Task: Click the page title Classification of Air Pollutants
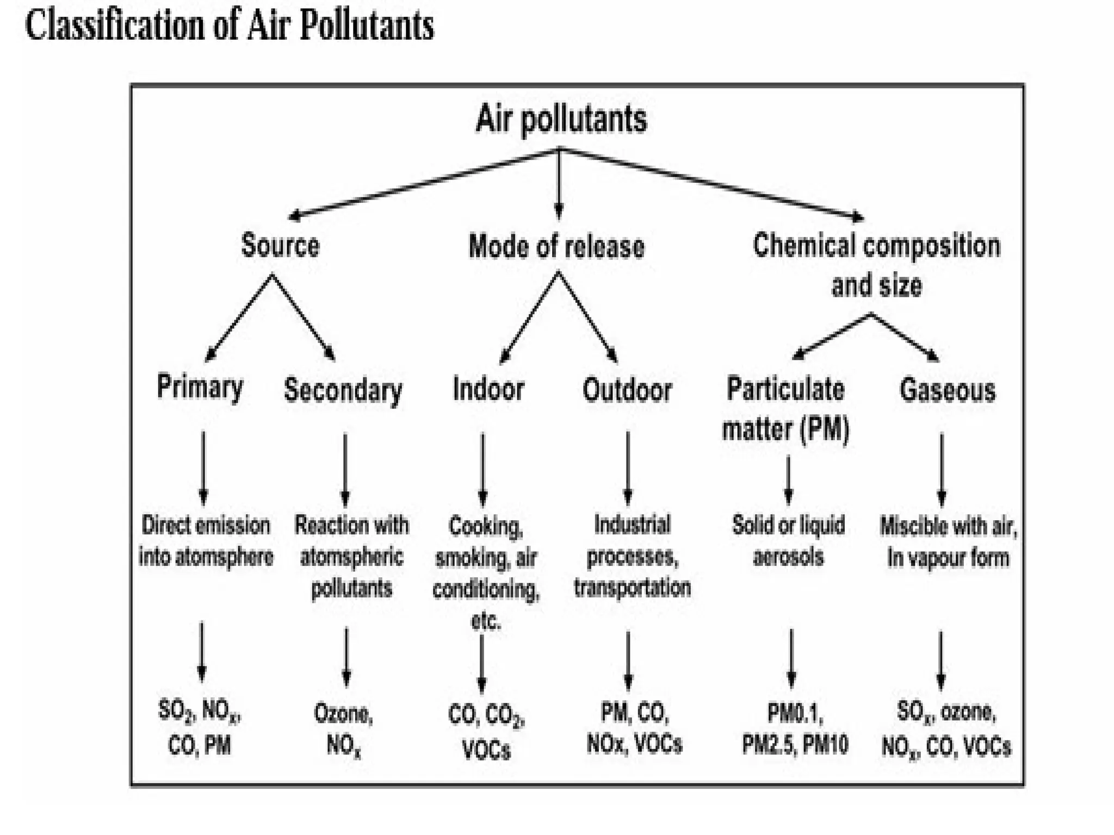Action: tap(230, 26)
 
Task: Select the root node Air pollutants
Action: tap(561, 119)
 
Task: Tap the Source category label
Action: tap(280, 245)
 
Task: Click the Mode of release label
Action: tap(556, 246)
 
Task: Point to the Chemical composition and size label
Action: tap(876, 265)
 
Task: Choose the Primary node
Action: tap(200, 387)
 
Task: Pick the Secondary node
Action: tap(343, 390)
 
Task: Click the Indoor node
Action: tap(488, 389)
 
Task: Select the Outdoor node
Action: tap(627, 390)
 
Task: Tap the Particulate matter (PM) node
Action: tap(785, 409)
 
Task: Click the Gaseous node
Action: tap(947, 390)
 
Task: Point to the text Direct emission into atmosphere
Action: tap(206, 541)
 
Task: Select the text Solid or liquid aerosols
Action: tap(788, 541)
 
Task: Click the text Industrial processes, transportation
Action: tap(632, 556)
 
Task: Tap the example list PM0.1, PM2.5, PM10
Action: tap(795, 729)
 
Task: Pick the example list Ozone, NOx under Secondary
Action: tap(344, 729)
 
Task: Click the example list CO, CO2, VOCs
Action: tap(486, 732)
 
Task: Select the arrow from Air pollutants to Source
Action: tap(424, 183)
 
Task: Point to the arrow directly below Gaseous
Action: tap(942, 469)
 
